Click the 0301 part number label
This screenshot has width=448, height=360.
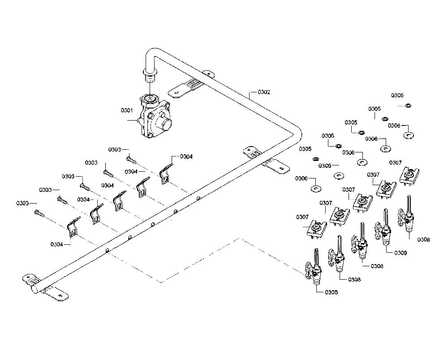point(127,110)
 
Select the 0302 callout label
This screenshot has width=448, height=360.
point(264,92)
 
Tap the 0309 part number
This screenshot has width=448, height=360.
point(401,253)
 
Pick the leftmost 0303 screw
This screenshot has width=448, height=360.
point(39,213)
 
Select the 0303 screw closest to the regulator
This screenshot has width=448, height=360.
point(131,159)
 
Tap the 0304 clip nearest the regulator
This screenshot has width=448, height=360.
point(166,173)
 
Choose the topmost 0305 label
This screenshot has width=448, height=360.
point(397,95)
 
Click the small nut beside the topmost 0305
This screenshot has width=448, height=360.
point(408,106)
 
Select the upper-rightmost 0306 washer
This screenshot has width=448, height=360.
point(409,135)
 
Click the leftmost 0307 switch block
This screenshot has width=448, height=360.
point(316,229)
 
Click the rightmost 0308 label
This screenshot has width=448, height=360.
point(423,239)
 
